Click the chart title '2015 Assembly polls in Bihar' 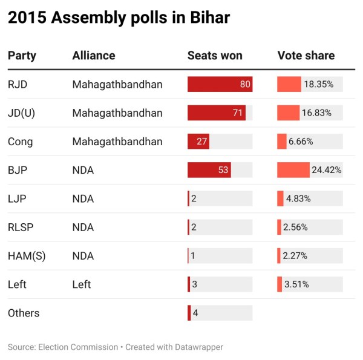pyautogui.click(x=119, y=18)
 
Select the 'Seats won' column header pyautogui.click(x=215, y=56)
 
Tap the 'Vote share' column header pyautogui.click(x=306, y=56)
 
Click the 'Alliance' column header pyautogui.click(x=94, y=56)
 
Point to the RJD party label pyautogui.click(x=18, y=84)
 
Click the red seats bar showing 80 pyautogui.click(x=220, y=84)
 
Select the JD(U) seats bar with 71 pyautogui.click(x=217, y=113)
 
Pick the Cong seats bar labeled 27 pyautogui.click(x=198, y=142)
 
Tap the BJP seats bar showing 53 pyautogui.click(x=209, y=170)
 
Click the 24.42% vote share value pyautogui.click(x=327, y=170)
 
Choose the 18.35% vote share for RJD pyautogui.click(x=319, y=84)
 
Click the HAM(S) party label pyautogui.click(x=27, y=256)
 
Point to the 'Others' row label pyautogui.click(x=24, y=313)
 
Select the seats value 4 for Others pyautogui.click(x=195, y=313)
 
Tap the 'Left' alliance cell pyautogui.click(x=82, y=284)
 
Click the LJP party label pyautogui.click(x=17, y=198)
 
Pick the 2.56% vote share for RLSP pyautogui.click(x=295, y=227)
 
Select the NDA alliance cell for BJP pyautogui.click(x=83, y=170)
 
